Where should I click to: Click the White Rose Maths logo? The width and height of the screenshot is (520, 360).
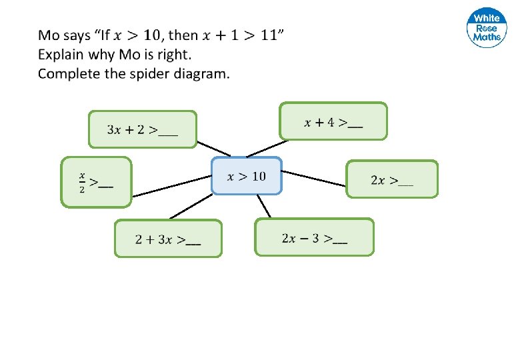pyautogui.click(x=486, y=29)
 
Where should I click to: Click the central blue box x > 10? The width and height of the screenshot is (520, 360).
pyautogui.click(x=247, y=176)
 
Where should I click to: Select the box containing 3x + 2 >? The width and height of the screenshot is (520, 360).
pyautogui.click(x=143, y=129)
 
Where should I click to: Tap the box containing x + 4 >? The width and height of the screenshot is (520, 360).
pyautogui.click(x=333, y=121)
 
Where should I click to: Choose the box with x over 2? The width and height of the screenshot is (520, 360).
pyautogui.click(x=97, y=182)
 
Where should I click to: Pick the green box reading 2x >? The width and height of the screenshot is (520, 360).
pyautogui.click(x=392, y=179)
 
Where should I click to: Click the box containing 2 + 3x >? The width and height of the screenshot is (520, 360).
pyautogui.click(x=168, y=239)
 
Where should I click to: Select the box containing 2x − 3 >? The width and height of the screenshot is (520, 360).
pyautogui.click(x=314, y=237)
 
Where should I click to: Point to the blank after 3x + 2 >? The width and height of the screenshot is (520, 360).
pyautogui.click(x=169, y=132)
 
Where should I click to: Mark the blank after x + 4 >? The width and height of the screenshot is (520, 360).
pyautogui.click(x=355, y=124)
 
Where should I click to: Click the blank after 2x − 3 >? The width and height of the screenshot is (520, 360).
pyautogui.click(x=339, y=241)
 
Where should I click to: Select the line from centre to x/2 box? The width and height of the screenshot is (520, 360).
pyautogui.click(x=171, y=187)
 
